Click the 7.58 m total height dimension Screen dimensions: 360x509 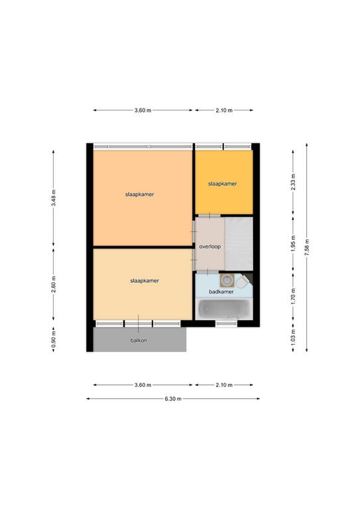pos(307,248)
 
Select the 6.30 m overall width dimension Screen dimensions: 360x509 pos(173,398)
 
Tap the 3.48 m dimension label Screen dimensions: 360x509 pos(54,198)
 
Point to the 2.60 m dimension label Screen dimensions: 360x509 pos(54,284)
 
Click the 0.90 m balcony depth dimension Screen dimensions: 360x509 pos(54,339)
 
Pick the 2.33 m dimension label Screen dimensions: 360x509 pos(293,182)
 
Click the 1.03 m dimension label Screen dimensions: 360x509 pos(293,337)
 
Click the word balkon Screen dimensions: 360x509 pos(139,341)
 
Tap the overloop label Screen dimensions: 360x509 pos(210,247)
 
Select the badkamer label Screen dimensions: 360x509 pos(221,292)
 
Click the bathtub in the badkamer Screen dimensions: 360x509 pos(224,309)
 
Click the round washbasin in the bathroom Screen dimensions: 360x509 pos(227,280)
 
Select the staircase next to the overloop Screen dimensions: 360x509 pos(239,243)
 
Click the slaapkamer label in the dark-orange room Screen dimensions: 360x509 pos(222,184)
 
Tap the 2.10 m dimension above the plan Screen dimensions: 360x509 pos(224,111)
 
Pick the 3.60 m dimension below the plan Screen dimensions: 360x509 pos(143,385)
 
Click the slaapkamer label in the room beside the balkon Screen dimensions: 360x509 pos(145,281)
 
